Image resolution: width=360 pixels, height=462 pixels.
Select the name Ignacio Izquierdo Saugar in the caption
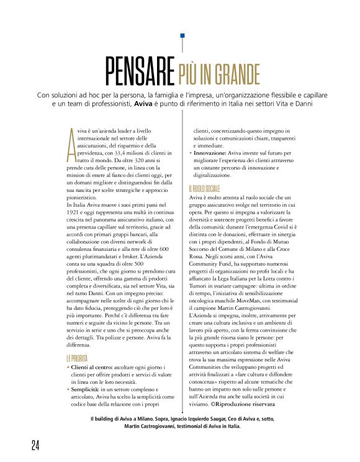tap(207, 419)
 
